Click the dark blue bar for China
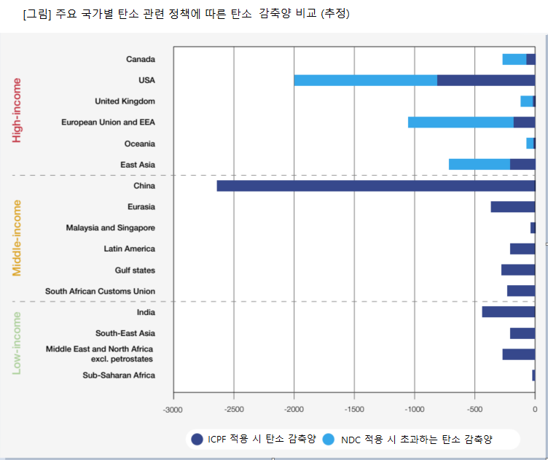coord(375,186)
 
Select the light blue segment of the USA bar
coord(365,80)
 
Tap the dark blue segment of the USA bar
coord(485,80)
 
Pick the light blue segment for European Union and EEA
coord(461,122)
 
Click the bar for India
coord(508,312)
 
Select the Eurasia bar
coord(512,207)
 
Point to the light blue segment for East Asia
coord(479,165)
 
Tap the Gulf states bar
coord(517,270)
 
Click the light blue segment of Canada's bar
coord(514,59)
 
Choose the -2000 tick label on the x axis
coord(294,409)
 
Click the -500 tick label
coord(474,409)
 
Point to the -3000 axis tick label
coord(173,409)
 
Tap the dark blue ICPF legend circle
coord(197,439)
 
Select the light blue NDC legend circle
coord(328,439)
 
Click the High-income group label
coord(17,110)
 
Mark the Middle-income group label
coord(17,238)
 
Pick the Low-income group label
coord(17,343)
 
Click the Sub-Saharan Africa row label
coord(118,375)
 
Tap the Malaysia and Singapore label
coord(110,228)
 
